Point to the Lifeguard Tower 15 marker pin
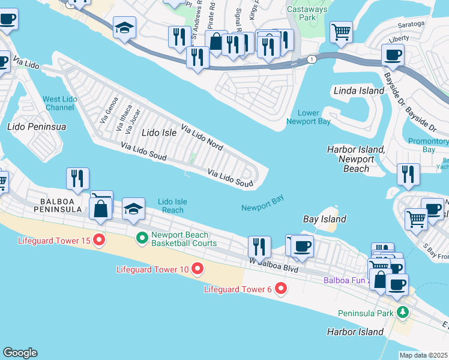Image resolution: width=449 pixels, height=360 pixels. (100, 241)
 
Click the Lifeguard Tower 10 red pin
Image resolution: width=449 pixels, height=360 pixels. (196, 269)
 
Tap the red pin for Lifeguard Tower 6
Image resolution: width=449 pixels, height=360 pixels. (280, 289)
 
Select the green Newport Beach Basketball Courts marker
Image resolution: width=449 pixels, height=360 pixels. (142, 239)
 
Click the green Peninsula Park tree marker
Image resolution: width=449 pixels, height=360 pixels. (402, 313)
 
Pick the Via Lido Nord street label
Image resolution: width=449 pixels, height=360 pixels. (202, 137)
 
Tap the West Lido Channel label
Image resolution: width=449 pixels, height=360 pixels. (59, 103)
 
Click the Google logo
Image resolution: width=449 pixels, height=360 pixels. (20, 353)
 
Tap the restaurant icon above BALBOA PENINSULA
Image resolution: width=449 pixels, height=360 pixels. (78, 178)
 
